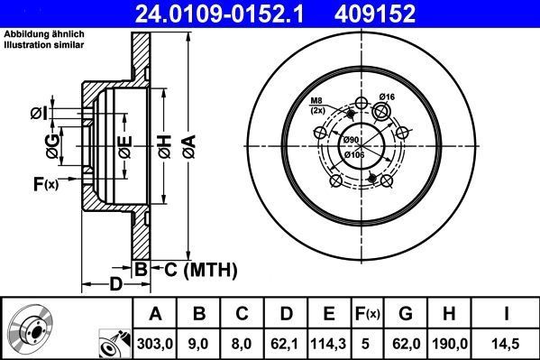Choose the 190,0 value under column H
453,343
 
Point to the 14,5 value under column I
507,343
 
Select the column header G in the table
407,314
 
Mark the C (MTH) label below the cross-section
195,269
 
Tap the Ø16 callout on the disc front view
388,97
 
